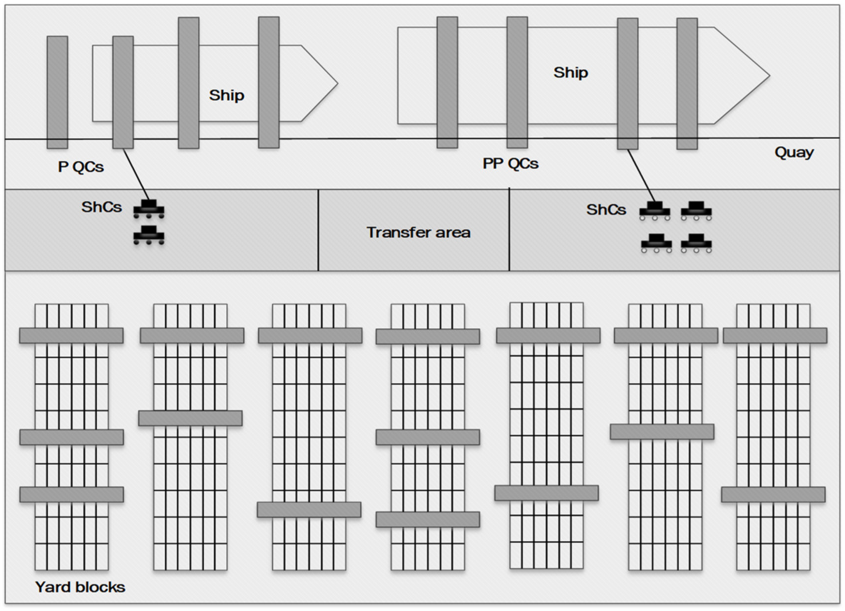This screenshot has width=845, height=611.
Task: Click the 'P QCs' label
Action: point(81,167)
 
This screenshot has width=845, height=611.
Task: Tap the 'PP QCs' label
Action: point(510,163)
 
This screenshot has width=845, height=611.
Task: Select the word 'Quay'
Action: point(794,152)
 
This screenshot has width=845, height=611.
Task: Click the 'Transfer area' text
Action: point(418,232)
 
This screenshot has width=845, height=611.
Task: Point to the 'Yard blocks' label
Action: point(80,587)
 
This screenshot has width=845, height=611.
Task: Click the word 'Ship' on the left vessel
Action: point(227,95)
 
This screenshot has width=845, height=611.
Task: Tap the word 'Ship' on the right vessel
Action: point(570,73)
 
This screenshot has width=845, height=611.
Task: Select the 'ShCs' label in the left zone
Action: point(102,207)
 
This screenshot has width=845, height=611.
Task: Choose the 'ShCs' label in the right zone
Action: point(606,210)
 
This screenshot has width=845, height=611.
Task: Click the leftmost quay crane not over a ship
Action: point(57,92)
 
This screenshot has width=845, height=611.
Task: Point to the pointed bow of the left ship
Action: point(320,83)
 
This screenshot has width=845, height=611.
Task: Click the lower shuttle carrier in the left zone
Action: point(149,235)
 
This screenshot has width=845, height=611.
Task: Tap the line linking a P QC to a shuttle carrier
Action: point(136,174)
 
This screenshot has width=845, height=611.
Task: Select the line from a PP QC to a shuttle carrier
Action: point(641,176)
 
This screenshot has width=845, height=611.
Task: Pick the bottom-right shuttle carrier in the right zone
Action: point(696,243)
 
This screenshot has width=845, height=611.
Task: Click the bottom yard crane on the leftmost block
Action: point(71,494)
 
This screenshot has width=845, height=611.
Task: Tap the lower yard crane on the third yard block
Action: point(309,509)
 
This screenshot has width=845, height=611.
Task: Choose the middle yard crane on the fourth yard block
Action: point(428,437)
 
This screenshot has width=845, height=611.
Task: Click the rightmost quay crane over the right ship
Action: point(687,84)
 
